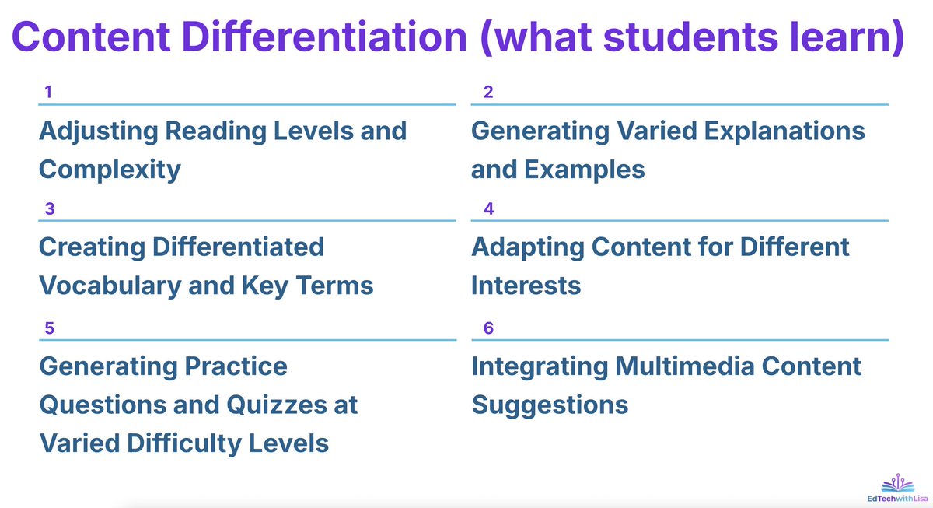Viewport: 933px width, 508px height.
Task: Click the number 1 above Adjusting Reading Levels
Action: coord(48,93)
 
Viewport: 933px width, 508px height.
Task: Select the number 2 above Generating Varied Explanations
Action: coord(488,93)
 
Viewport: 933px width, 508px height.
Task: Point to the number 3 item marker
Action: coord(49,209)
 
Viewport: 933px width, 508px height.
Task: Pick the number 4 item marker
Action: coord(488,209)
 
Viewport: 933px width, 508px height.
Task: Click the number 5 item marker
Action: coord(49,328)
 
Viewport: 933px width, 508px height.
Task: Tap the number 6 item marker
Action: coord(488,328)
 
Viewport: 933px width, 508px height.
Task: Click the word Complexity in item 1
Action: coord(110,169)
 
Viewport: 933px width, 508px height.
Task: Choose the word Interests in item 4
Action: coord(526,286)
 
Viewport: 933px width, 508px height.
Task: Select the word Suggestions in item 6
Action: coord(550,405)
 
